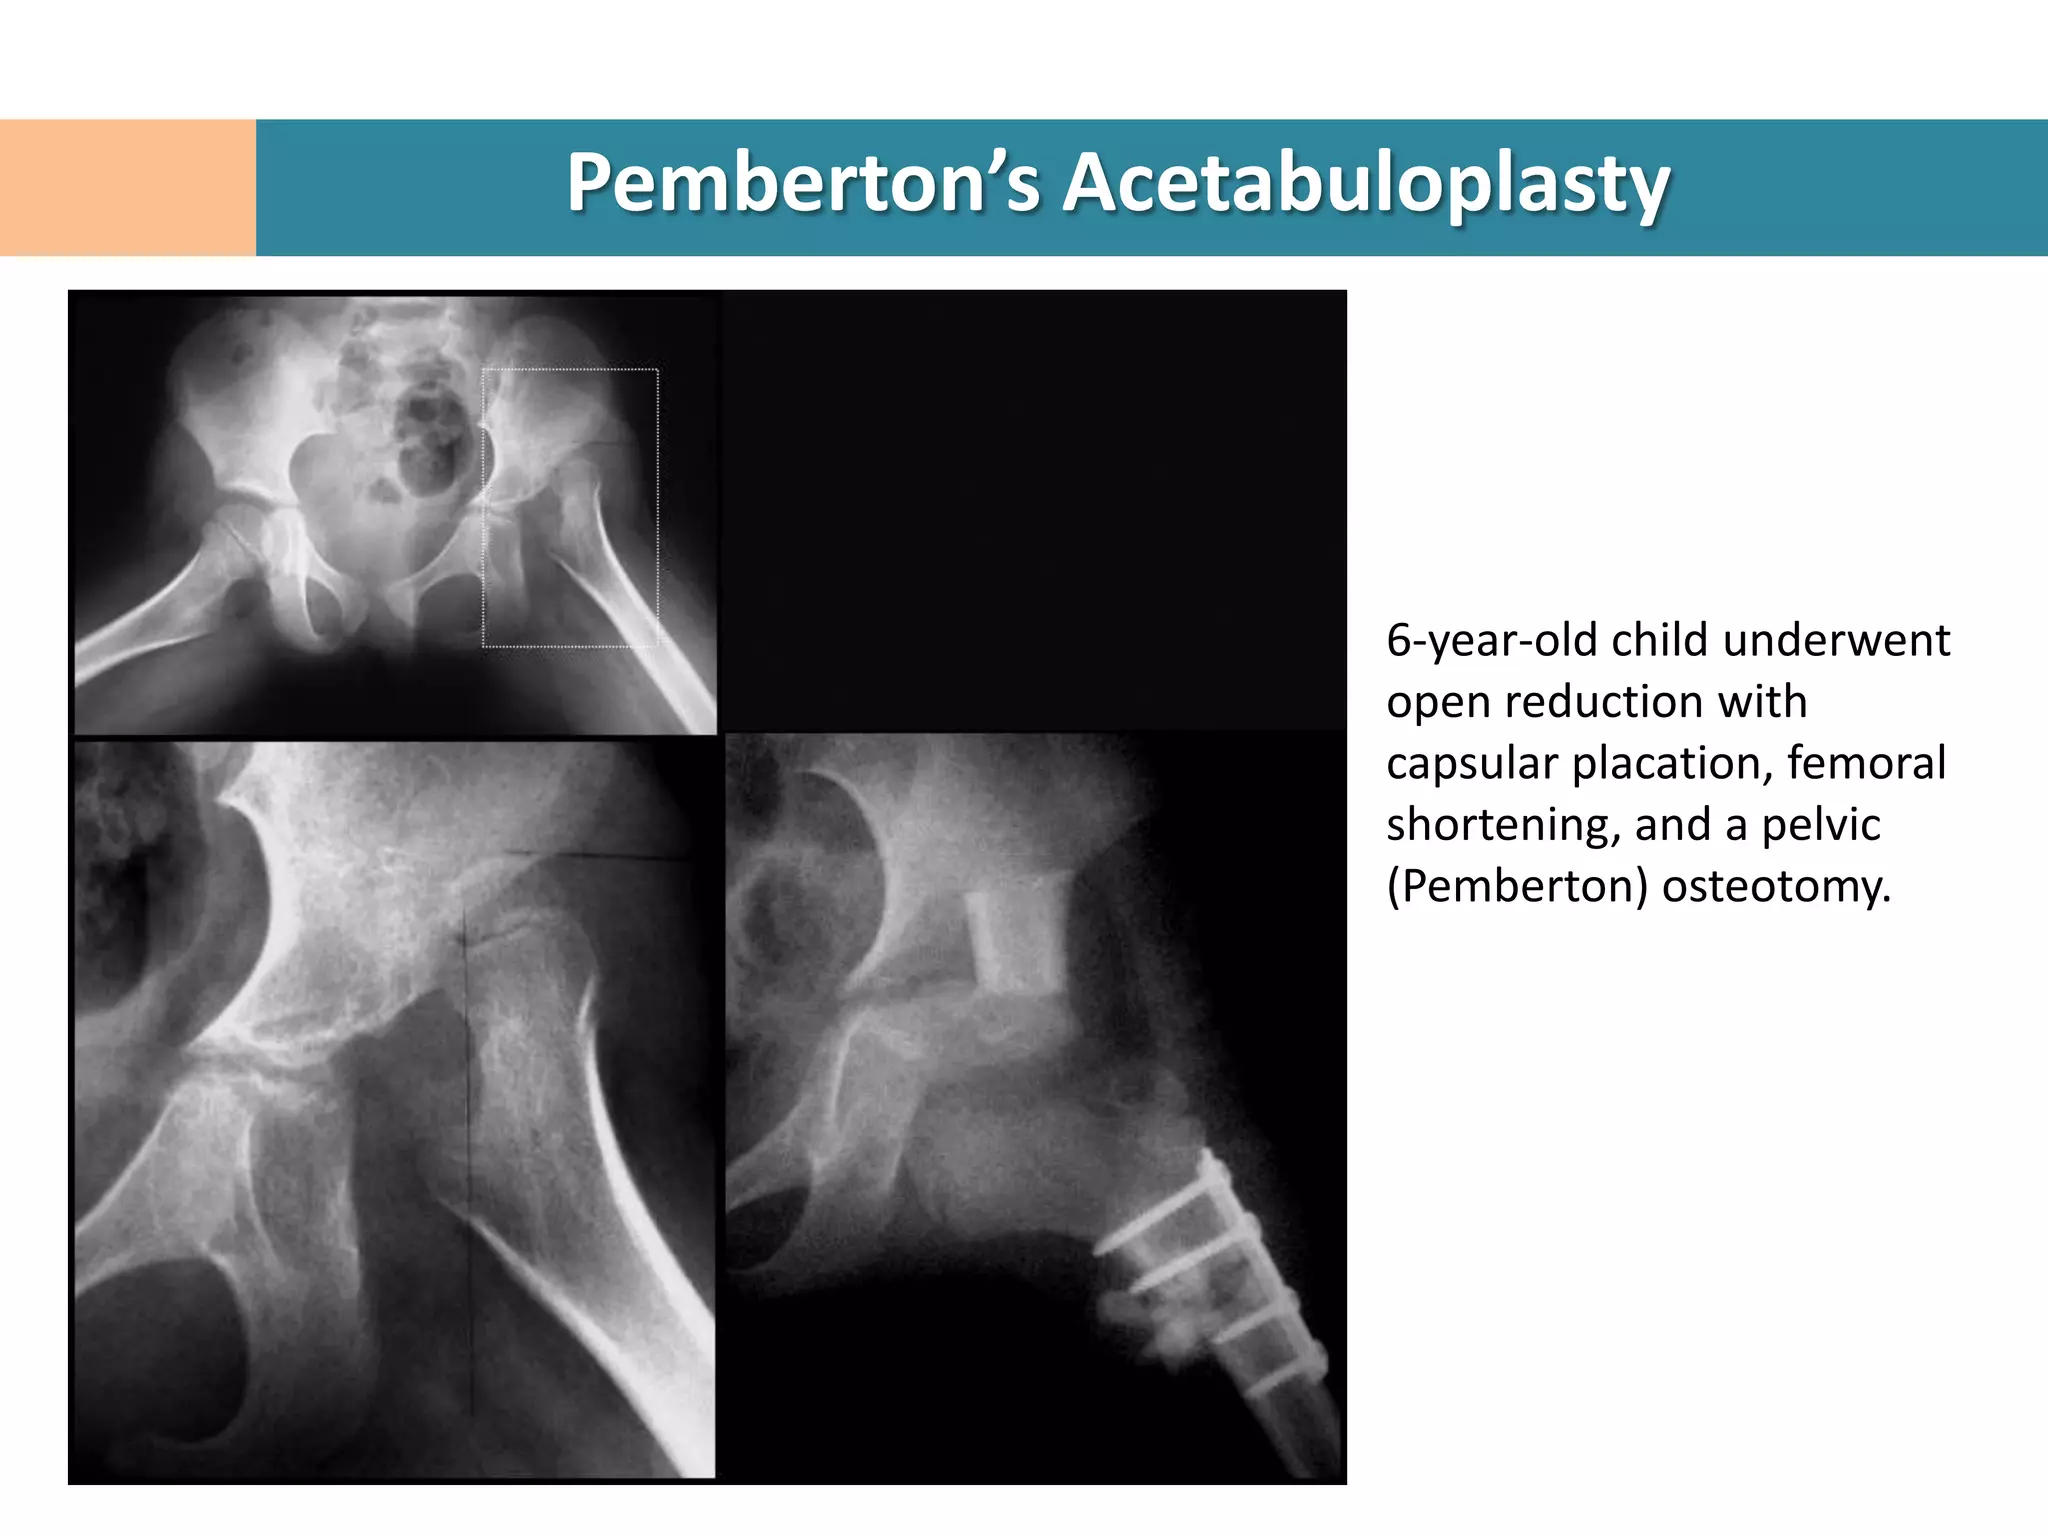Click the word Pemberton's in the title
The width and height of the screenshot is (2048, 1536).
point(804,184)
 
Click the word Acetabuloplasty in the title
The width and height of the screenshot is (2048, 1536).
point(1365,184)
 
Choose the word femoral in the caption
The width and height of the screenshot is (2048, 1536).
point(1866,763)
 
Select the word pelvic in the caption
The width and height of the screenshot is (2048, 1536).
point(1820,825)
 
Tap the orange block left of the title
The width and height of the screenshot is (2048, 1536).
point(128,188)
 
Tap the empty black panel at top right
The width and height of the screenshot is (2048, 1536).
point(1034,510)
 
